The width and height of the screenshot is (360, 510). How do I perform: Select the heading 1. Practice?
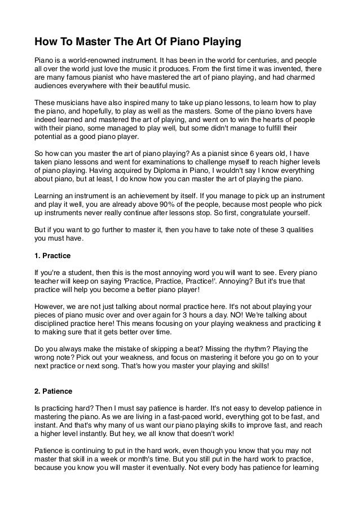52,256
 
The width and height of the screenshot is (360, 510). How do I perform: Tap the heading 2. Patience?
52,390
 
